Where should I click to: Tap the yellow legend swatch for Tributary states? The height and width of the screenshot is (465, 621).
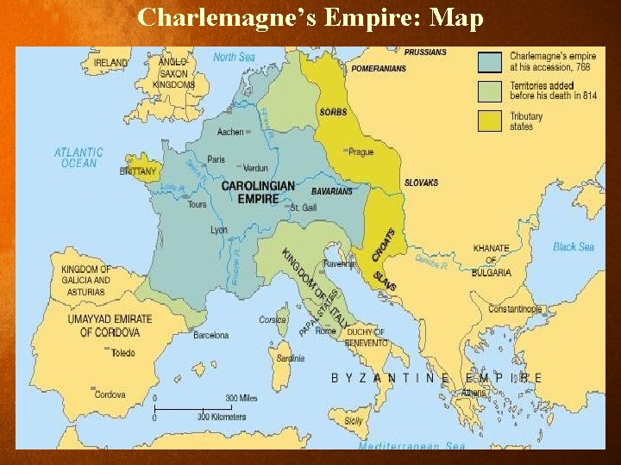pyautogui.click(x=489, y=121)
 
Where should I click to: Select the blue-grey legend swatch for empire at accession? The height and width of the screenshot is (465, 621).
pyautogui.click(x=489, y=61)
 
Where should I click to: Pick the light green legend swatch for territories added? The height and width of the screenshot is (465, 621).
pyautogui.click(x=489, y=91)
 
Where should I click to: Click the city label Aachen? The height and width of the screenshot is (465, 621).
pyautogui.click(x=230, y=133)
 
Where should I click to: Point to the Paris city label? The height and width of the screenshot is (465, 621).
pyautogui.click(x=216, y=159)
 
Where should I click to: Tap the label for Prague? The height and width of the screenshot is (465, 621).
pyautogui.click(x=361, y=152)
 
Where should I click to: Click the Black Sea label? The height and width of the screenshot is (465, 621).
pyautogui.click(x=574, y=247)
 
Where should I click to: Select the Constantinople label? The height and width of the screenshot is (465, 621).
pyautogui.click(x=515, y=309)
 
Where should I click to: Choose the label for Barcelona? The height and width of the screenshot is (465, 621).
pyautogui.click(x=211, y=335)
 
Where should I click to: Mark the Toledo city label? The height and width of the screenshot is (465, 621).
pyautogui.click(x=122, y=352)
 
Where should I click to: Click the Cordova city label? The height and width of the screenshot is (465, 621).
pyautogui.click(x=110, y=395)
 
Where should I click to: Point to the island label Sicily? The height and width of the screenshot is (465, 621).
pyautogui.click(x=354, y=421)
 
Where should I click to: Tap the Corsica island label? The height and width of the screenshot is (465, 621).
pyautogui.click(x=273, y=320)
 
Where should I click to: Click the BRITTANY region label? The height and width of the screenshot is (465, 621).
pyautogui.click(x=139, y=171)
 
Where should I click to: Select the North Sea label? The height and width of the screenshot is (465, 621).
pyautogui.click(x=235, y=58)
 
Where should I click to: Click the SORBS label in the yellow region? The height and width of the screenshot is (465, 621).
pyautogui.click(x=333, y=113)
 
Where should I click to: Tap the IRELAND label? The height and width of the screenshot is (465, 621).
pyautogui.click(x=110, y=63)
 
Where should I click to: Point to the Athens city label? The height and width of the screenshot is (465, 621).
pyautogui.click(x=473, y=393)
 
